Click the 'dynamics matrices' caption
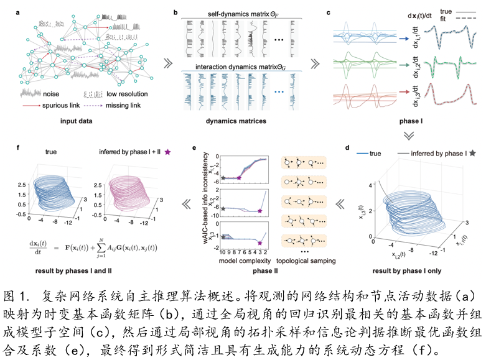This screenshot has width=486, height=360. click(x=240, y=120)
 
